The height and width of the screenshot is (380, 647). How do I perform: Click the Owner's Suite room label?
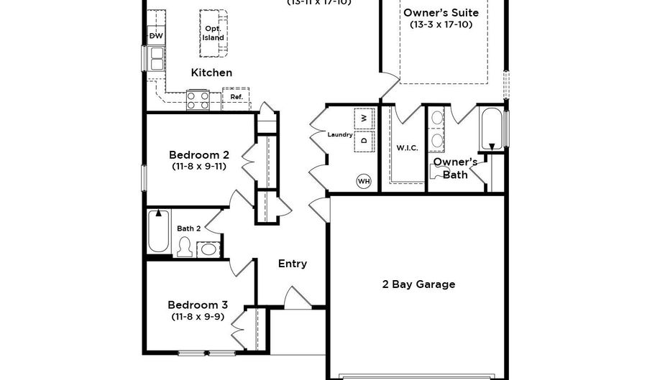[x=441, y=13]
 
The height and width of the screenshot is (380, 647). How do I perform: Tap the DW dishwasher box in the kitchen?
[x=155, y=35]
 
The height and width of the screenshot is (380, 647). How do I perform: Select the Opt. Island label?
[x=213, y=33]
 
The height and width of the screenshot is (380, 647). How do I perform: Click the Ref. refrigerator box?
[x=237, y=97]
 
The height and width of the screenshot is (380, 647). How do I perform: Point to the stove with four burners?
[x=198, y=100]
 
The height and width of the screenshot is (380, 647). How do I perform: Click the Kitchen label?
[x=211, y=73]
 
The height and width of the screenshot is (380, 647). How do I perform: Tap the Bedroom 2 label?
[x=199, y=154]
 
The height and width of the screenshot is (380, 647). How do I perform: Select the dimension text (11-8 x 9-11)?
[x=199, y=167]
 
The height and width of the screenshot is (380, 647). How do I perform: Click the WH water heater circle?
[x=364, y=181]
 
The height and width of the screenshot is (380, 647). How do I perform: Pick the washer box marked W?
[x=364, y=118]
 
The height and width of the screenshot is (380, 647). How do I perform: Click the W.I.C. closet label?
[x=407, y=148]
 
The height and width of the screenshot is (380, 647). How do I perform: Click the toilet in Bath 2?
[x=184, y=248]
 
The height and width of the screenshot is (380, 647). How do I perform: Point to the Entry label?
[x=293, y=264]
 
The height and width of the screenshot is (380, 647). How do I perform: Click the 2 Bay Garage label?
[x=418, y=284]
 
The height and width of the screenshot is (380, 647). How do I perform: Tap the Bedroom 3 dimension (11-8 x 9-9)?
[x=198, y=316]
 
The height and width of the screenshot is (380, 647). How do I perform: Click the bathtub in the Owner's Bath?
[x=492, y=128]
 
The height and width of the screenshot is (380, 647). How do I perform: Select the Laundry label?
[x=339, y=134]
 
